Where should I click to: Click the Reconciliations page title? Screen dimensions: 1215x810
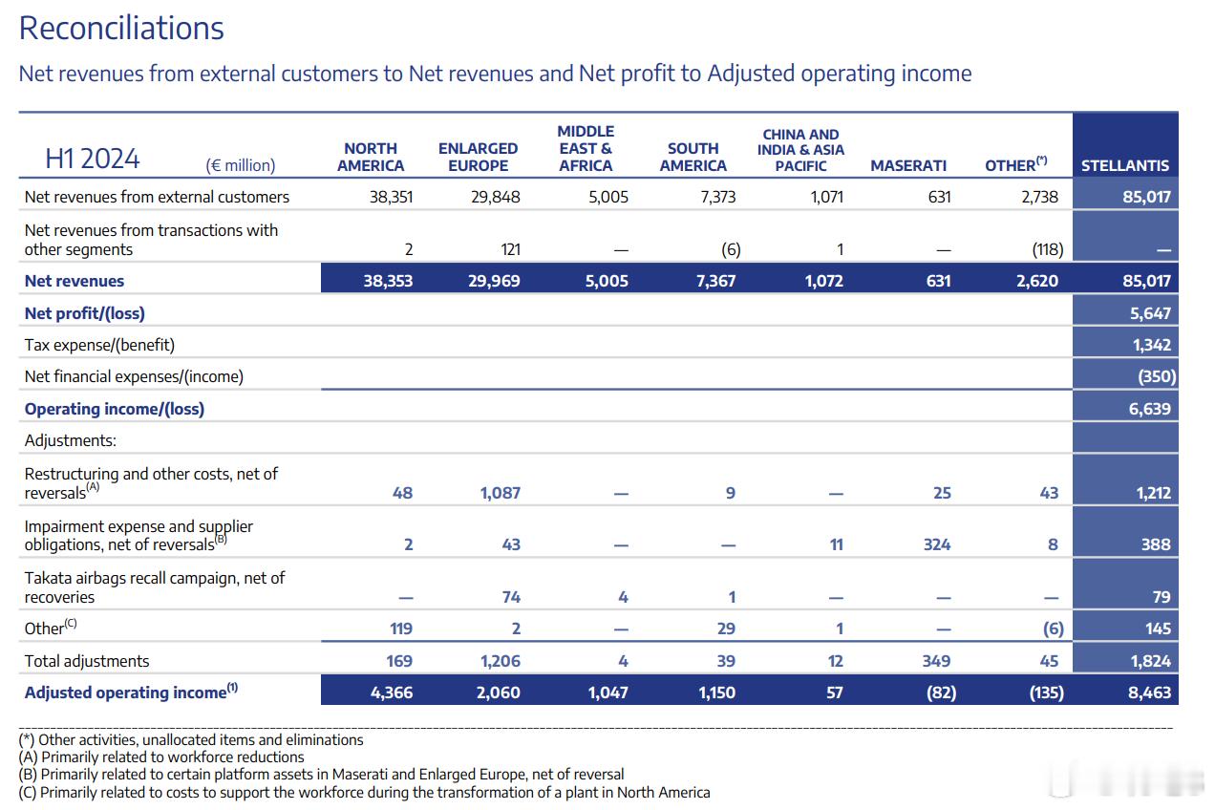pos(121,29)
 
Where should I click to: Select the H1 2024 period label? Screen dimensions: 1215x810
pos(93,159)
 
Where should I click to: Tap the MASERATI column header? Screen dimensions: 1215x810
pos(908,165)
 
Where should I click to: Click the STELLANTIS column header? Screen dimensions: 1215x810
pos(1125,165)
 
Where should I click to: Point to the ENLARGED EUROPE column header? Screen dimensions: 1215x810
pos(478,157)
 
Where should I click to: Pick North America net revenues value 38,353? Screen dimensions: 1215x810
pos(388,281)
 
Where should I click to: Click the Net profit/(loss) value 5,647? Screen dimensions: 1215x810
pos(1150,313)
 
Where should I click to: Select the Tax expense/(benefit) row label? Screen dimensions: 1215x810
pos(99,345)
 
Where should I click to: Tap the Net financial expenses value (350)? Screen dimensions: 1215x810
pos(1157,376)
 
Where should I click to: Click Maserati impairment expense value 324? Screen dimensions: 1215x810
pos(937,544)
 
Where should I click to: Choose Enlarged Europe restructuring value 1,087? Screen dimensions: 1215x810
pos(501,493)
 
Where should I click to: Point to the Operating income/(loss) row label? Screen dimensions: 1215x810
pos(115,409)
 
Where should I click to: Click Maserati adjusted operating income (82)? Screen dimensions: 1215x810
pos(941,693)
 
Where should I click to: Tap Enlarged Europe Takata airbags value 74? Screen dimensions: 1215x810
pos(511,597)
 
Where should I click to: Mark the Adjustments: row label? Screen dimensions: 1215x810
pos(71,440)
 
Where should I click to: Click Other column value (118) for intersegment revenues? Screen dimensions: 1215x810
pos(1048,249)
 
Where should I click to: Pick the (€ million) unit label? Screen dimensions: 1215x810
pos(241,165)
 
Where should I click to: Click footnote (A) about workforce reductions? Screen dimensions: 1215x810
pos(161,757)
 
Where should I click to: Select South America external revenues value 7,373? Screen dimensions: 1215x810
pos(717,197)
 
